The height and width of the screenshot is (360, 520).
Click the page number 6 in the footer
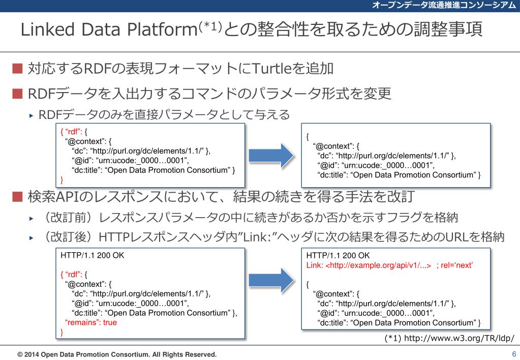pyautogui.click(x=513, y=354)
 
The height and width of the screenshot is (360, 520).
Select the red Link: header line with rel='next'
pyautogui.click(x=390, y=265)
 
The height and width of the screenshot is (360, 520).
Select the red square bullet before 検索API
pyautogui.click(x=18, y=196)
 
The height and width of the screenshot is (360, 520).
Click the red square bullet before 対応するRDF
pyautogui.click(x=18, y=68)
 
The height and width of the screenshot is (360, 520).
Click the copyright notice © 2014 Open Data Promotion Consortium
pyautogui.click(x=117, y=354)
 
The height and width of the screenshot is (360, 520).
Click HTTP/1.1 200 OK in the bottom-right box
pyautogui.click(x=338, y=255)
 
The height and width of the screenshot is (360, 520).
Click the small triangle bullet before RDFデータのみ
pyautogui.click(x=32, y=115)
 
